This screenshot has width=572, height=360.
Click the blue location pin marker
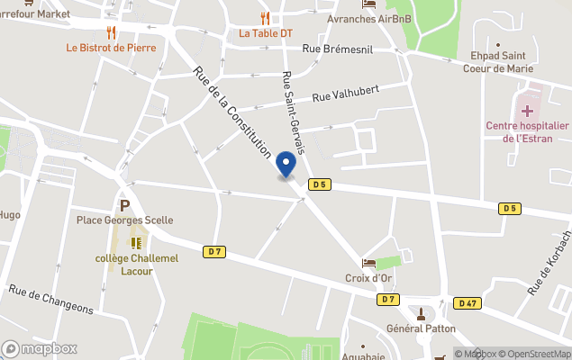[x=286, y=164]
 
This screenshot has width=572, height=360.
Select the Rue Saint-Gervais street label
[x=294, y=112]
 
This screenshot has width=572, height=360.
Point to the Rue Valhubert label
[x=346, y=93]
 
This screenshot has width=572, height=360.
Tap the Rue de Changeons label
[x=51, y=299]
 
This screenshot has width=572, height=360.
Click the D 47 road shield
[x=467, y=303]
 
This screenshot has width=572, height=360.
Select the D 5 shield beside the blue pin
[x=319, y=184]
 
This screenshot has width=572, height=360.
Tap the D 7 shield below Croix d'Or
[x=388, y=299]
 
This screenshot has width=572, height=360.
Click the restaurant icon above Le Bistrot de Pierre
[x=111, y=32]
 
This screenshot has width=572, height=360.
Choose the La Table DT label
[x=266, y=33]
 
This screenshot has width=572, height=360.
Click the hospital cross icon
[x=526, y=111]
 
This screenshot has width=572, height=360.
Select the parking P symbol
[x=125, y=205]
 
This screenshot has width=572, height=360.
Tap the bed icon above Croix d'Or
[x=368, y=263]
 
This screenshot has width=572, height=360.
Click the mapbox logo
[x=40, y=348]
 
